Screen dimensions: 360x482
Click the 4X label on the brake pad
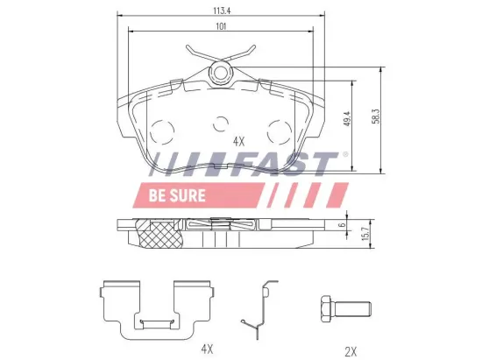238,140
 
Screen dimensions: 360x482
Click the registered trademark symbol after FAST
344,155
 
